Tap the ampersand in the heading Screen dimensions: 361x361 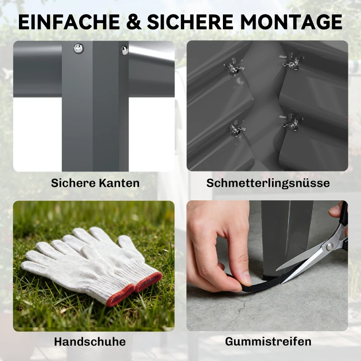(134, 22)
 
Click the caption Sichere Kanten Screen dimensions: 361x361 (95, 183)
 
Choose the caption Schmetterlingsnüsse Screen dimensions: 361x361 (268, 183)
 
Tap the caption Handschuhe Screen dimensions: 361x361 (90, 342)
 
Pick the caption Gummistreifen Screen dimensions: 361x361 (268, 342)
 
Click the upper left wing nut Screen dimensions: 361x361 (233, 69)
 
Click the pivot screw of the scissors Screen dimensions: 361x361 (330, 246)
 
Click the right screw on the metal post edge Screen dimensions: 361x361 (125, 50)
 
